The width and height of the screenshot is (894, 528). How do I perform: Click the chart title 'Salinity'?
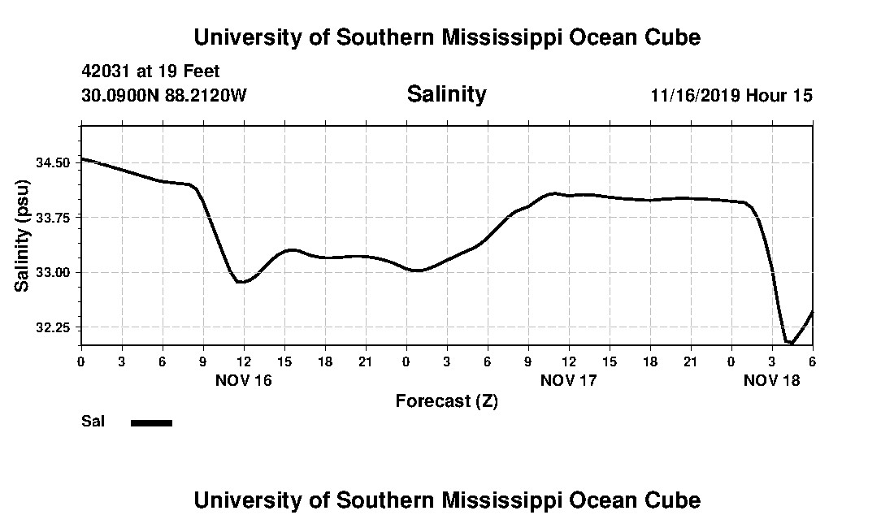coord(446,94)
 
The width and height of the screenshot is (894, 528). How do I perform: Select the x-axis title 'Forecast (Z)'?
coord(446,401)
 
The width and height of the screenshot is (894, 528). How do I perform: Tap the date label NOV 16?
coord(244,380)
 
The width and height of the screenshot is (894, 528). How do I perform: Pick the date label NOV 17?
coord(569,380)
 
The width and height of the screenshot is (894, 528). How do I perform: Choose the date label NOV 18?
coord(772,380)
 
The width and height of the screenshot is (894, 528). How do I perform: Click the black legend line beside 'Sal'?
coord(151,422)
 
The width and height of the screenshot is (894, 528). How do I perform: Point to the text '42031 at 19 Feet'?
coord(150,71)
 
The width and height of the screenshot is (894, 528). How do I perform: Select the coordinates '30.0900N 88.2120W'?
coord(163,95)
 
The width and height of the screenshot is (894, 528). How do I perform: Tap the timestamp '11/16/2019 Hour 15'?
coord(731,95)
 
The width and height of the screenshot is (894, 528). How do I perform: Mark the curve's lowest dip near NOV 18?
coord(789,343)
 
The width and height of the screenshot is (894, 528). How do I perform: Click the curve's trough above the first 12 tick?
coord(241,282)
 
